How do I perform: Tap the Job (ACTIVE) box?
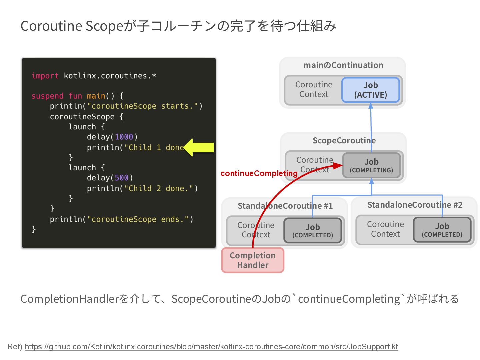[x=370, y=90]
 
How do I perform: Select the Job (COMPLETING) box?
[x=371, y=165]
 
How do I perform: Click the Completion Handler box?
[x=253, y=260]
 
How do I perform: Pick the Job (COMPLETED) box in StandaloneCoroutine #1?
[x=313, y=231]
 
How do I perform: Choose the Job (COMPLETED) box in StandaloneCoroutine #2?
[x=442, y=230]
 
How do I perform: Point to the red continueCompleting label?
[x=259, y=173]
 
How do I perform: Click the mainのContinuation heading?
[x=343, y=65]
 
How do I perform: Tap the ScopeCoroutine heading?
[x=344, y=141]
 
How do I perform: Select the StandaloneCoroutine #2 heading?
[x=415, y=205]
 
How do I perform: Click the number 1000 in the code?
[x=124, y=137]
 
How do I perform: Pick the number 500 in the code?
[x=121, y=178]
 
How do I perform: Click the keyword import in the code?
[x=45, y=76]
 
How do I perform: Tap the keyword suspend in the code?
[x=47, y=96]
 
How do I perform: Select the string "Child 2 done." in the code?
[x=158, y=189]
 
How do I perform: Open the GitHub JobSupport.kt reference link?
[x=211, y=347]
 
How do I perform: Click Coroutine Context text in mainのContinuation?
[x=314, y=89]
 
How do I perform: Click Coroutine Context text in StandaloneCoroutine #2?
[x=385, y=229]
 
